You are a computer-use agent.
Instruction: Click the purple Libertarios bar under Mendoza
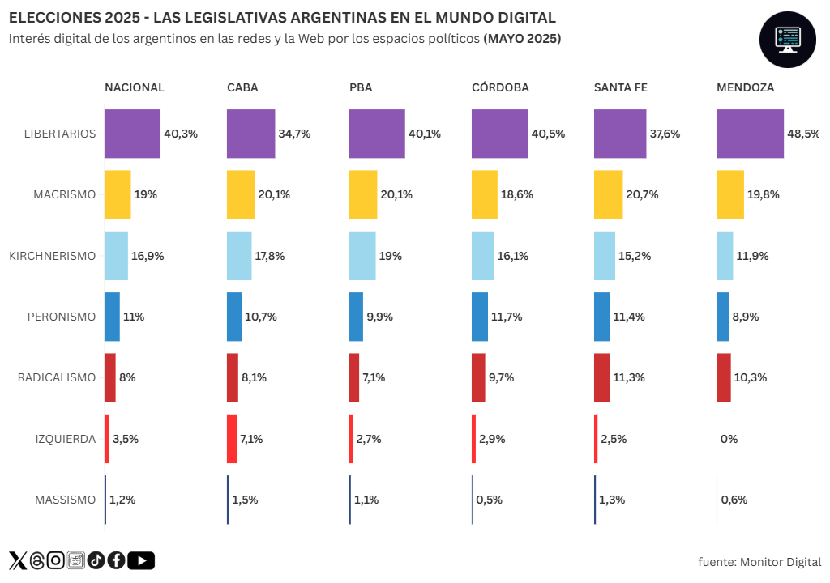pos(750,134)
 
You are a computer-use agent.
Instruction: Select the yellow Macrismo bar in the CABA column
pos(241,194)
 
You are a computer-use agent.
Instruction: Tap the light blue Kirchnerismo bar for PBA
pos(362,256)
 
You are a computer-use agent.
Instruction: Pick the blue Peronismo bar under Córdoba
pos(480,317)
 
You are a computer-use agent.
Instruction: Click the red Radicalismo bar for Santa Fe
pos(601,377)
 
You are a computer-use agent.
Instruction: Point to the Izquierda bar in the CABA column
pos(232,439)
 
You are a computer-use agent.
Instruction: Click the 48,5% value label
pos(803,134)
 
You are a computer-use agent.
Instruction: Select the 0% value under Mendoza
pos(729,439)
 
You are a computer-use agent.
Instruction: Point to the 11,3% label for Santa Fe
pos(629,377)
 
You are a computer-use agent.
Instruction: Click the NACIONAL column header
pos(135,87)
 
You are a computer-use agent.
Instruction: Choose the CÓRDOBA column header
pos(500,87)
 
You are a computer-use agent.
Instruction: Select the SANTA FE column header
pos(621,87)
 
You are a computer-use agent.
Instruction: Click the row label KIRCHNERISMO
pos(53,256)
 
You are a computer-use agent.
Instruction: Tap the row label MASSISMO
pos(65,500)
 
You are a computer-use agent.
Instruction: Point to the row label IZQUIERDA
pos(65,439)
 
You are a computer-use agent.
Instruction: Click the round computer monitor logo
pos(786,40)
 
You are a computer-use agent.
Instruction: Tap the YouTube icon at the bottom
pos(141,560)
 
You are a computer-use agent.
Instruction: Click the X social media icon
pos(18,560)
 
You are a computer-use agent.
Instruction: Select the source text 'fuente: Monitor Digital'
pos(759,562)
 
